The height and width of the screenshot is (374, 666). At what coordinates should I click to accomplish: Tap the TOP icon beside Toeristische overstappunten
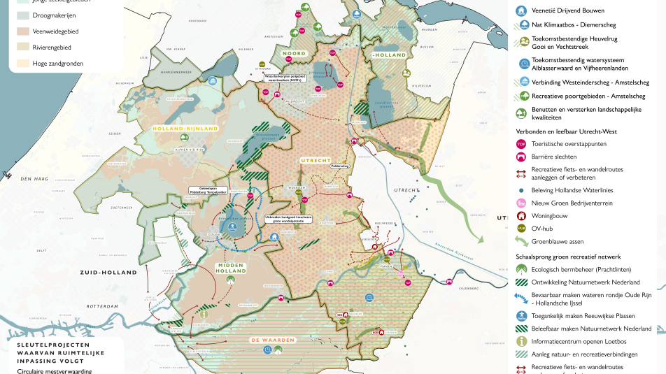(x=520, y=143)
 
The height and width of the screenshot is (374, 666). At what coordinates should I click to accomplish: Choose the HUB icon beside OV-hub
(x=520, y=228)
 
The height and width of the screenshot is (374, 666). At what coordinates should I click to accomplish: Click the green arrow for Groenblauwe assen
(x=520, y=241)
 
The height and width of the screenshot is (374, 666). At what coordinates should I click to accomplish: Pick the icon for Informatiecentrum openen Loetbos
(x=520, y=341)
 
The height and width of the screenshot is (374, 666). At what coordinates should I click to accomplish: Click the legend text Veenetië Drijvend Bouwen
(x=567, y=10)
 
